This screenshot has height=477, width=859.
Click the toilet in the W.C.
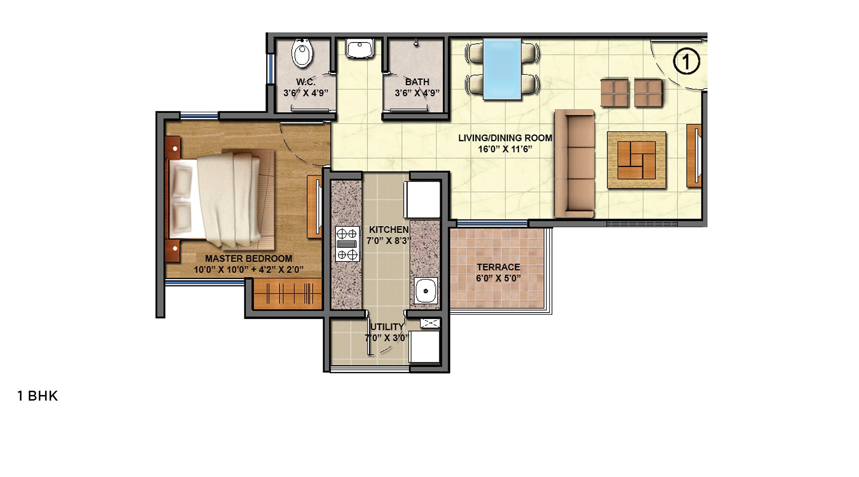tap(302, 53)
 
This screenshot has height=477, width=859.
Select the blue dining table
tap(502, 69)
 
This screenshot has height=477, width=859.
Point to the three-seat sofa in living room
tap(575, 163)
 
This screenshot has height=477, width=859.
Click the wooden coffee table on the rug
tap(636, 160)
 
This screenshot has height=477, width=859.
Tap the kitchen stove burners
tap(347, 244)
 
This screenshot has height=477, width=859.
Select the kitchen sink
tap(426, 291)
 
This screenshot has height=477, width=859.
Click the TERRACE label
tap(498, 267)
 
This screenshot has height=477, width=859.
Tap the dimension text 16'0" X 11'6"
tap(505, 149)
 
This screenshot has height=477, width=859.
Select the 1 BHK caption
tap(37, 396)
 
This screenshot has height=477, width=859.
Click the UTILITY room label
tap(387, 327)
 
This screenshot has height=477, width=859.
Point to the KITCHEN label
tap(389, 230)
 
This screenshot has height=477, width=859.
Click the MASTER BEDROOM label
tap(248, 258)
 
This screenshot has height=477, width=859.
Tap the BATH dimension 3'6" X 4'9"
tap(417, 93)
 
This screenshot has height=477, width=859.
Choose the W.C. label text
tap(305, 82)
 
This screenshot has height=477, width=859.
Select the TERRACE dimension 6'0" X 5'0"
tap(498, 278)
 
